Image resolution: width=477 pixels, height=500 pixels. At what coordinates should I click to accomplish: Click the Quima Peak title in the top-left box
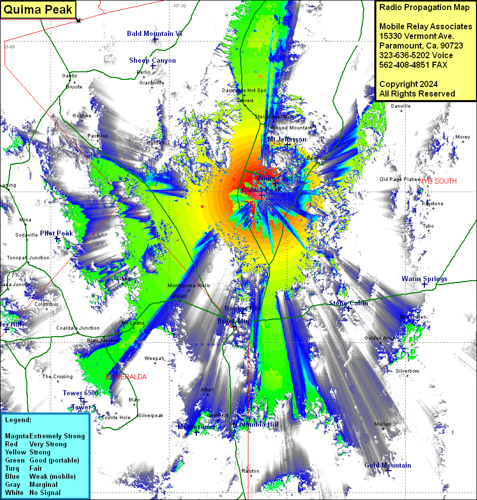(38, 10)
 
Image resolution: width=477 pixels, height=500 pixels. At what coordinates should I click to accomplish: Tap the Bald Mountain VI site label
(154, 33)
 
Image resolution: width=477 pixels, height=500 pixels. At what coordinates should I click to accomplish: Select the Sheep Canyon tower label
(152, 60)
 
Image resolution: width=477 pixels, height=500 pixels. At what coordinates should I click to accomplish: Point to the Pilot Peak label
(57, 233)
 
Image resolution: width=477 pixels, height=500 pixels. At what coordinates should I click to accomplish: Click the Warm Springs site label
(424, 279)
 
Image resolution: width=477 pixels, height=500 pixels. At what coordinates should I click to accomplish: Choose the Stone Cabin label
(349, 303)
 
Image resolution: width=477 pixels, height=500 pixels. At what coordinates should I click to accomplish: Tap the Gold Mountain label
(387, 465)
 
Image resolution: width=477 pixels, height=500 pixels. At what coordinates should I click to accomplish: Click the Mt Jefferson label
(287, 139)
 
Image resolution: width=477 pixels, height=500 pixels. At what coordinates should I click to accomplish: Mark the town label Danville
(401, 106)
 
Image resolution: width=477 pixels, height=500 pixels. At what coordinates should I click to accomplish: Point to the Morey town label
(462, 137)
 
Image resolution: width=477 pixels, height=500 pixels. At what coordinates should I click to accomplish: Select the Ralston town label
(250, 471)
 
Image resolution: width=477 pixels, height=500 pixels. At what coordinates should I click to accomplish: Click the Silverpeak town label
(151, 416)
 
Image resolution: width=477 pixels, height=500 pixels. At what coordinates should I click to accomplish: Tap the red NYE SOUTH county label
(437, 181)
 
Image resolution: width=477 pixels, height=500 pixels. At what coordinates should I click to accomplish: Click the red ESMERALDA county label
(126, 377)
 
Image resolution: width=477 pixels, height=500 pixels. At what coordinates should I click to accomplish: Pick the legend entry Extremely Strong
(57, 436)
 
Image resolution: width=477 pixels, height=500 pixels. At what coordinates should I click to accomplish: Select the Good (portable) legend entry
(54, 460)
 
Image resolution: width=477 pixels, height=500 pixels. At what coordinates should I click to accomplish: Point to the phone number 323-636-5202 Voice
(416, 55)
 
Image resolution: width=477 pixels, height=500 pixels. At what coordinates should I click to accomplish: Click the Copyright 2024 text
(408, 84)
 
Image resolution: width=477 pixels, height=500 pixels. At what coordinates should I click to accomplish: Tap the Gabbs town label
(69, 75)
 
